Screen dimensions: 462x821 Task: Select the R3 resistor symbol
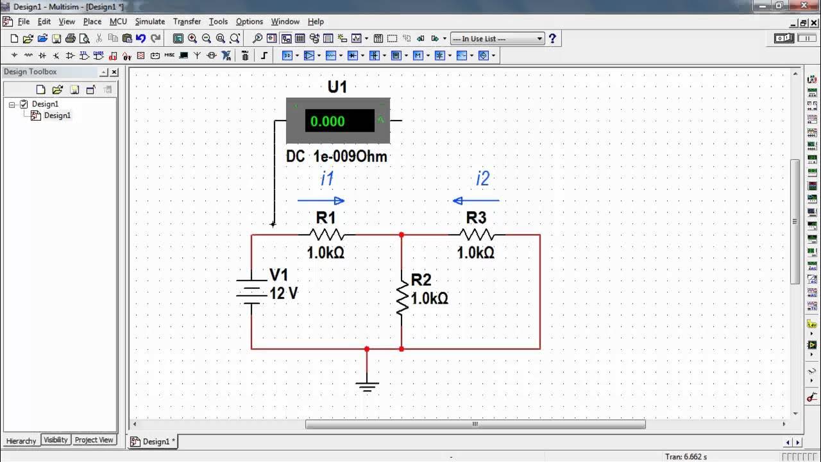[x=476, y=235]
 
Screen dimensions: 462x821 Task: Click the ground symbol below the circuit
[x=367, y=386]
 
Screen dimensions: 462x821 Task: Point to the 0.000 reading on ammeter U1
[x=328, y=121]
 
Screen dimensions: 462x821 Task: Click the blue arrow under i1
[x=321, y=201]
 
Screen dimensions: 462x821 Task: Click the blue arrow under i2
[x=475, y=201]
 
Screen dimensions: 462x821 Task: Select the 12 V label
[x=284, y=294]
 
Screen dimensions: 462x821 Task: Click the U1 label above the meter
[x=337, y=87]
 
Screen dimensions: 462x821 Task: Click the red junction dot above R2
[x=402, y=235]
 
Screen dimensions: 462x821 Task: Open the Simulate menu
[x=150, y=21]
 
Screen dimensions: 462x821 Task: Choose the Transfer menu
[x=187, y=21]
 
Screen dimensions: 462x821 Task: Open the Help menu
[x=316, y=21]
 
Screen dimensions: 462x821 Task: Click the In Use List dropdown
[x=497, y=38]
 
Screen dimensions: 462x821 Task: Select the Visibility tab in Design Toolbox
[x=56, y=440]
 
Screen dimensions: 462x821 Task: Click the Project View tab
[x=94, y=440]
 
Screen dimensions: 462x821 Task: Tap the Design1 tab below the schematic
[x=153, y=441]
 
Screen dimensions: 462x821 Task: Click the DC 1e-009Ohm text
[x=337, y=156]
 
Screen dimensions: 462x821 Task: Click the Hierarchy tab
[x=21, y=441]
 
